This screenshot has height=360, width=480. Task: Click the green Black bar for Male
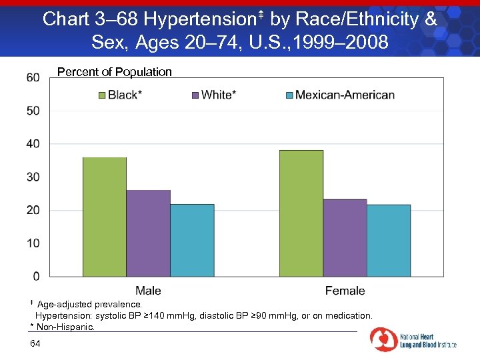[104, 217]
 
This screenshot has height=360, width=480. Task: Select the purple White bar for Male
[148, 233]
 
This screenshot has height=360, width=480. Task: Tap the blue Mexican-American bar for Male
[192, 240]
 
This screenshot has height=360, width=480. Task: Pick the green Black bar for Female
[301, 213]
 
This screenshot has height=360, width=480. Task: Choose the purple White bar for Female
[345, 237]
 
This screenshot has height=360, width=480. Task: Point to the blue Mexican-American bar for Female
[389, 240]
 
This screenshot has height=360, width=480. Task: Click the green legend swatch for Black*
[102, 95]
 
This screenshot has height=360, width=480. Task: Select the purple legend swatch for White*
[195, 95]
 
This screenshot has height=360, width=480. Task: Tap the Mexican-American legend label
[345, 95]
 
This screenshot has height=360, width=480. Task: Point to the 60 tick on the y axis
[33, 78]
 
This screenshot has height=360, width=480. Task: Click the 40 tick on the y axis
[33, 144]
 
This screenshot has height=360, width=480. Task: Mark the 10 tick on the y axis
[33, 243]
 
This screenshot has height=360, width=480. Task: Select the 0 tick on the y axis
[36, 276]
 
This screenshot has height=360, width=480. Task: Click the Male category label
[148, 291]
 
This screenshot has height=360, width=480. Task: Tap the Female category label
[345, 291]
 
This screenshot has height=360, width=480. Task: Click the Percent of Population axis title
[115, 72]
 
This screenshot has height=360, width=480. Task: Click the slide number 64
[35, 343]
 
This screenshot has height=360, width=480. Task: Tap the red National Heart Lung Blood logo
[384, 339]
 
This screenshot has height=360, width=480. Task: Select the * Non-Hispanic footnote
[63, 327]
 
